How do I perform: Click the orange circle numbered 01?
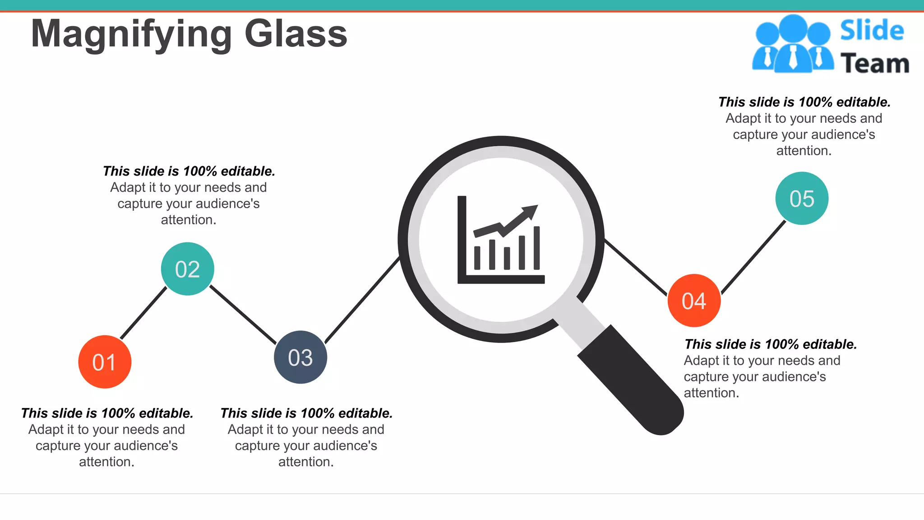tap(105, 362)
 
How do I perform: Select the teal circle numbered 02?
tap(187, 269)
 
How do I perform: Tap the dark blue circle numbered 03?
tap(300, 357)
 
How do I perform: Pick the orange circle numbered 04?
tap(694, 301)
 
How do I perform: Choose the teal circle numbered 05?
tap(802, 198)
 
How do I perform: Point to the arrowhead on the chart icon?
tap(530, 211)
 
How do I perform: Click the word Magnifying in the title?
tap(131, 34)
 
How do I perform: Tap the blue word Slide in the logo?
tap(872, 31)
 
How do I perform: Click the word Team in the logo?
tap(875, 63)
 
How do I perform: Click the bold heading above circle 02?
tap(189, 171)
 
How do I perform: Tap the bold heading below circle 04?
tap(770, 344)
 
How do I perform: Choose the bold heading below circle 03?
tap(306, 413)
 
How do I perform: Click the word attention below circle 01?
tap(106, 462)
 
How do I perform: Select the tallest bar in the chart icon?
tap(536, 248)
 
